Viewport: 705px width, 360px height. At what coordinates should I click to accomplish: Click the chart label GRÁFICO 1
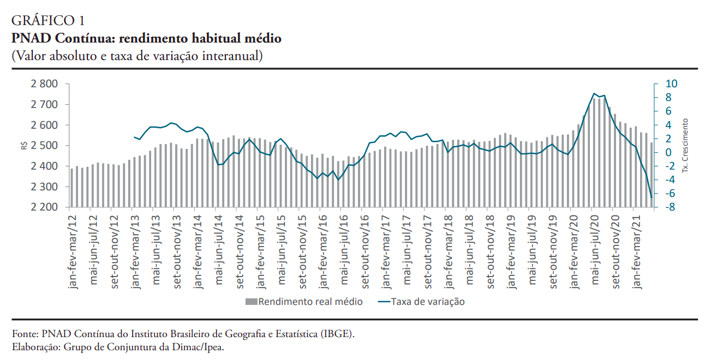49,21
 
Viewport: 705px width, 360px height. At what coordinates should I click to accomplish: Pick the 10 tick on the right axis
671,84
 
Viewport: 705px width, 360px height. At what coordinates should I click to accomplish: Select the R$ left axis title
24,146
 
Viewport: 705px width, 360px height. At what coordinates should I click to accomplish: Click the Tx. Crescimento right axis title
686,146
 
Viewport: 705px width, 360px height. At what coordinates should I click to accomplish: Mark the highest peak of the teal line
594,93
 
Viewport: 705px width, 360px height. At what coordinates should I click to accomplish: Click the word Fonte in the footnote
25,333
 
